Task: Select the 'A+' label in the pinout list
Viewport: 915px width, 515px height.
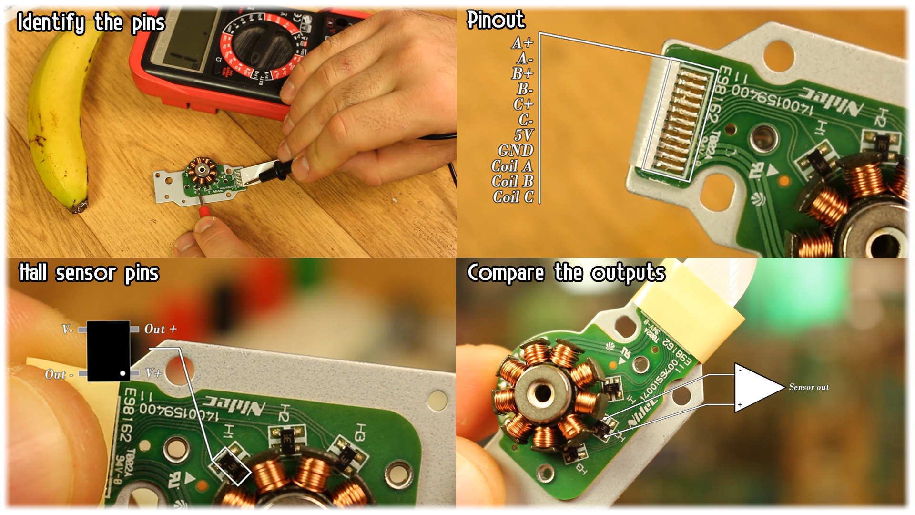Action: [522, 43]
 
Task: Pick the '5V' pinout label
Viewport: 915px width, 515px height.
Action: [524, 135]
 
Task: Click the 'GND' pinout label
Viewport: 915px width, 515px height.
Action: [516, 151]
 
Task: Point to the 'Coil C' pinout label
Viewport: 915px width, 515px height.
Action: [513, 196]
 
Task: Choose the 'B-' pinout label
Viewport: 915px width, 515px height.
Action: [525, 89]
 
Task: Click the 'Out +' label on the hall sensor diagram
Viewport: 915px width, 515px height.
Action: [161, 329]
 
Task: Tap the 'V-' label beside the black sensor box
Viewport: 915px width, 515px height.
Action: [67, 329]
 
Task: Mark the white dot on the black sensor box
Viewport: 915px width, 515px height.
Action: [123, 373]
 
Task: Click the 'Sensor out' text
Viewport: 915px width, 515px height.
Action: [809, 387]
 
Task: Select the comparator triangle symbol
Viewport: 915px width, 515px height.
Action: [755, 387]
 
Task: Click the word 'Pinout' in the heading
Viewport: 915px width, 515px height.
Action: [496, 20]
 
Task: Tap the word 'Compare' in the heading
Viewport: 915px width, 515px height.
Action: [506, 273]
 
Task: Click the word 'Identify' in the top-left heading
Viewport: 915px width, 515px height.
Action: [51, 22]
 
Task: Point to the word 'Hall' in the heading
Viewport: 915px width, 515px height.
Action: [33, 273]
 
